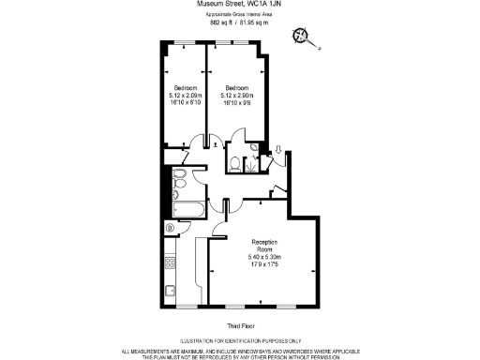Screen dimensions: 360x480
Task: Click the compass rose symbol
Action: coord(301,37)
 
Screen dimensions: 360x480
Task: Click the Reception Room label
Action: coord(264,243)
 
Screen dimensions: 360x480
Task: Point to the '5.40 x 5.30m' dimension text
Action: coord(264,257)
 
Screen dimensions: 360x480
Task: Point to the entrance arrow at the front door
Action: coord(278,149)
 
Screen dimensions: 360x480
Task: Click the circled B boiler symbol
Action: coord(170,228)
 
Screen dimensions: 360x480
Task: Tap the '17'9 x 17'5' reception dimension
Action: coord(264,264)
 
